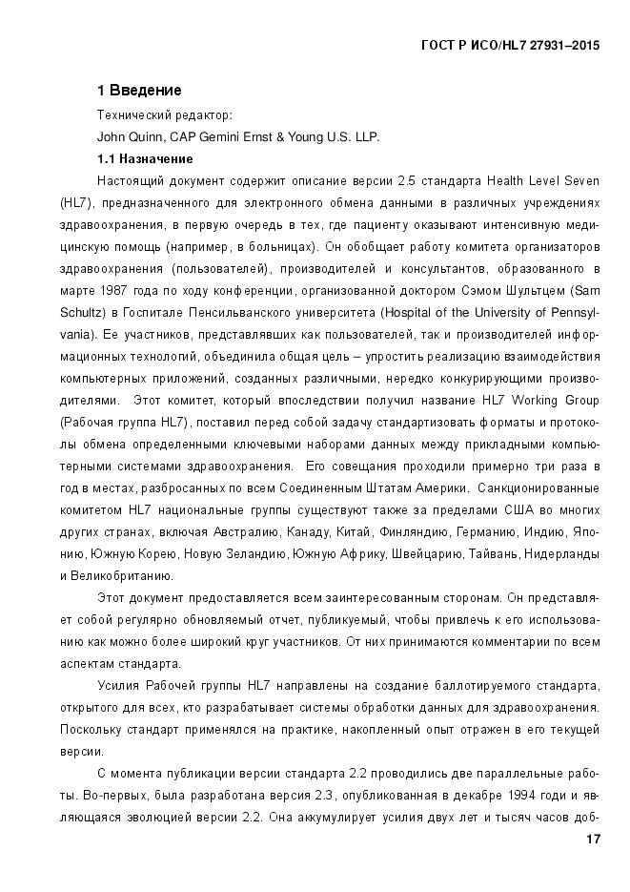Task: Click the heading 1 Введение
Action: [139, 91]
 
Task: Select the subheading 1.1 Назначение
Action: [145, 158]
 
